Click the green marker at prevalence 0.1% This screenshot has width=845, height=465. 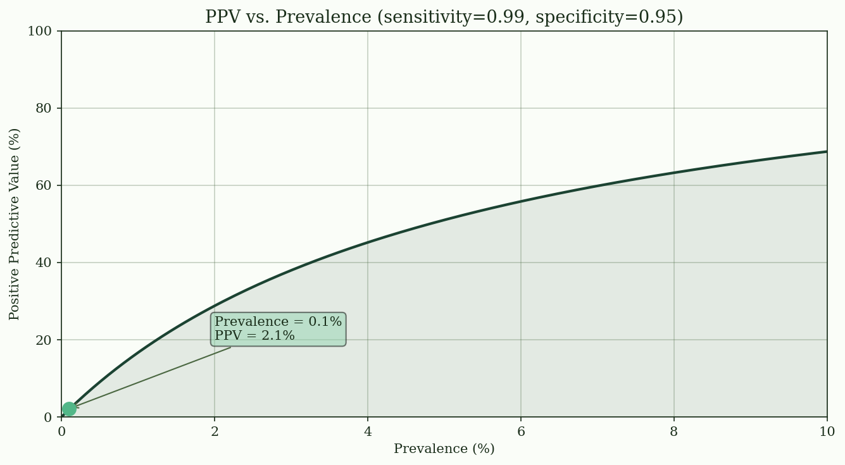pos(69,409)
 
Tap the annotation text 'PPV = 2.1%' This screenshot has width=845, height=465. pos(254,336)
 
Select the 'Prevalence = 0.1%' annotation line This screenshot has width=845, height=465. pos(278,322)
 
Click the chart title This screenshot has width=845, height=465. pos(444,17)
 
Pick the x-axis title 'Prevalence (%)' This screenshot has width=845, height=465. pos(444,449)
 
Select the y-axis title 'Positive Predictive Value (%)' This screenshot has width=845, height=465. pos(15,224)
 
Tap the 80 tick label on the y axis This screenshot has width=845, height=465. pos(43,108)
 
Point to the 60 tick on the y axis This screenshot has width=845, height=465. pos(43,185)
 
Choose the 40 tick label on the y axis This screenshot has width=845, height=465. pos(43,263)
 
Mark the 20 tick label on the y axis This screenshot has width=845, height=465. pos(43,340)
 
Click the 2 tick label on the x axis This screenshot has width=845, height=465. pos(215,431)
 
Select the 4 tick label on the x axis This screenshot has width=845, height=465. pos(368,431)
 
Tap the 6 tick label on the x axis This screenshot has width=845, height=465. pos(521,431)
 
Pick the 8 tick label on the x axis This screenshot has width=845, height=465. pos(674,431)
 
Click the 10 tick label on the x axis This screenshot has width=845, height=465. pos(827,431)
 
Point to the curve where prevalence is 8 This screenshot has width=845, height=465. pos(674,173)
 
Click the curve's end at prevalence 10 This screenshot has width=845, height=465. pos(826,152)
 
